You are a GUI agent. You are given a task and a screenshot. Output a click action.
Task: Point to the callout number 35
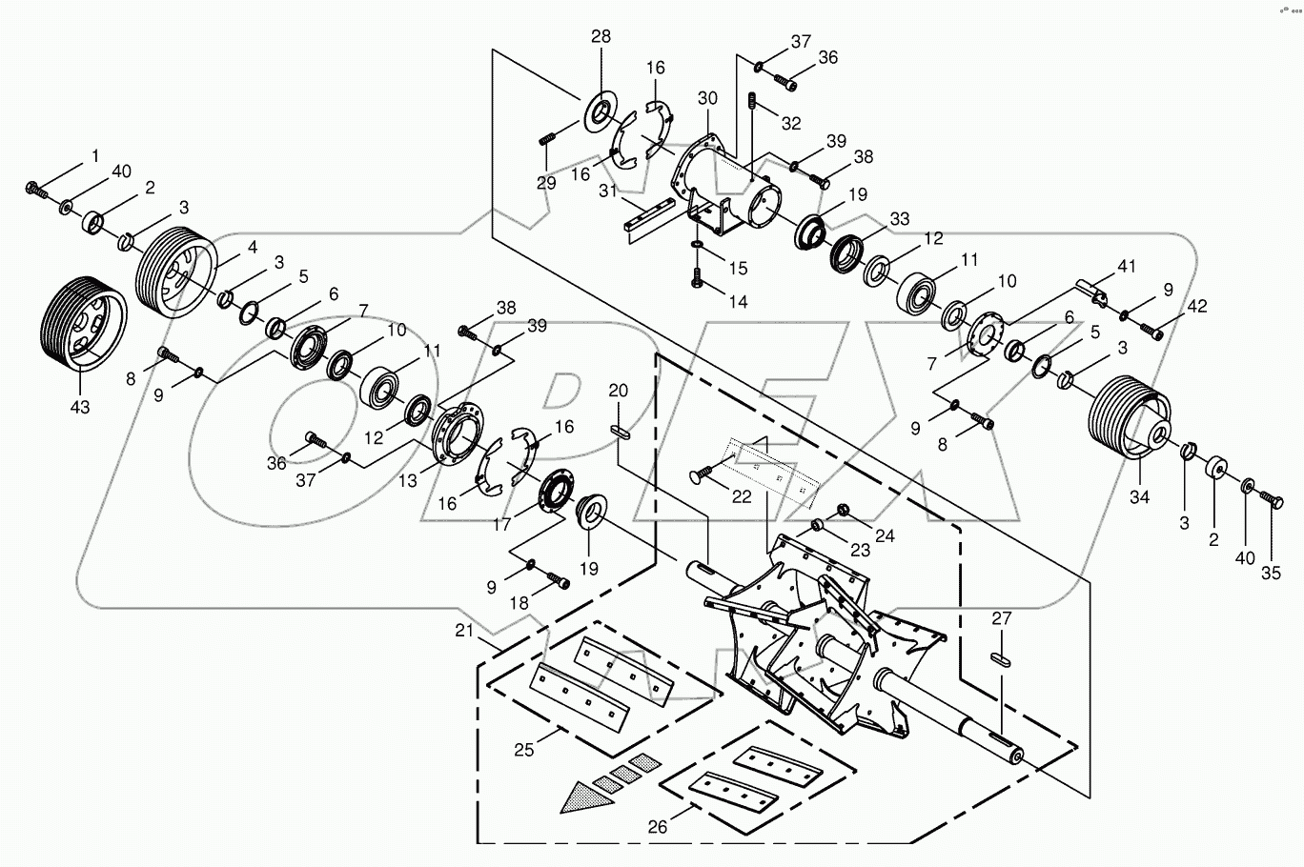pos(1272,559)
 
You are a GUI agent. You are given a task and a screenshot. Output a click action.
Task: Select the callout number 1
pos(95,154)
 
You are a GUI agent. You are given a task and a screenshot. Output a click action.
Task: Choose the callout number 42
pos(1196,306)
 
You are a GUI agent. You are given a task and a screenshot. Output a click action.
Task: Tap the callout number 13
pos(409,482)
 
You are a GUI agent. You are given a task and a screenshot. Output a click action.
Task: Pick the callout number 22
pos(741,497)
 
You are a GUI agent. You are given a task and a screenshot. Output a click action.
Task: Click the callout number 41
pos(1128,268)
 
